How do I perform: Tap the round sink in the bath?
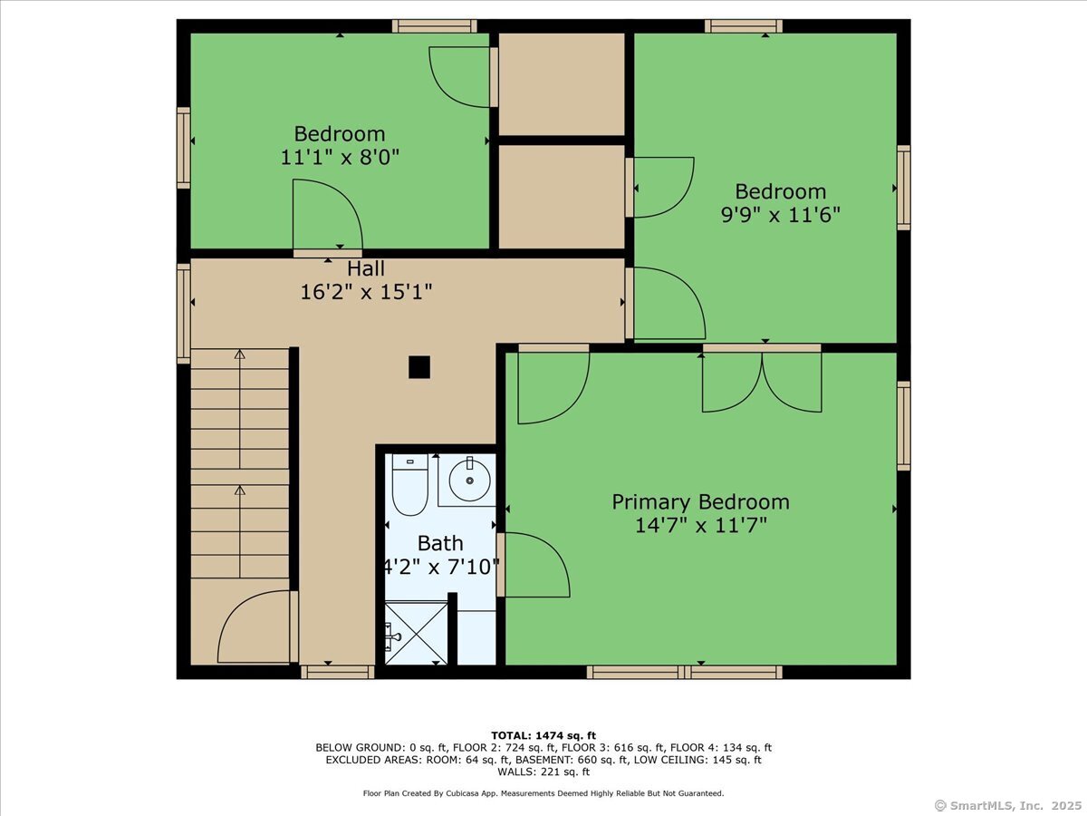(469, 481)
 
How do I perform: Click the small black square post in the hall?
(418, 367)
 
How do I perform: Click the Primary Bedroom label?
(700, 501)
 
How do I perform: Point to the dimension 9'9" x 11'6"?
(780, 216)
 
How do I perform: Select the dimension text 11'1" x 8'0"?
(340, 157)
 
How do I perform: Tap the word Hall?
(366, 268)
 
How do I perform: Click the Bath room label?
(440, 543)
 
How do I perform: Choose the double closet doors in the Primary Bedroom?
(762, 381)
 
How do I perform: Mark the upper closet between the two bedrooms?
(562, 83)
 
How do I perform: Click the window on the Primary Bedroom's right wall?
(903, 425)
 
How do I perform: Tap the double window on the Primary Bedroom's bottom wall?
(684, 672)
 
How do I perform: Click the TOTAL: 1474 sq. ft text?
(543, 735)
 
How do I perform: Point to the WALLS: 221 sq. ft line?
(543, 772)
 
